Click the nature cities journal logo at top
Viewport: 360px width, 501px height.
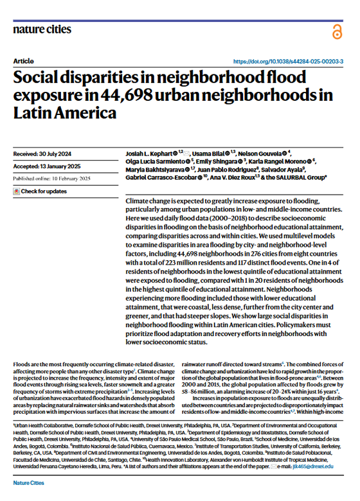(42, 29)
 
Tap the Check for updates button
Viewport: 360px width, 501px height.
(43, 191)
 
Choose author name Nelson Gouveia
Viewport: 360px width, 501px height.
(260, 154)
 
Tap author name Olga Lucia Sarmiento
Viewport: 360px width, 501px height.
(153, 163)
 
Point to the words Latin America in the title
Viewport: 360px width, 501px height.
(64, 114)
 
